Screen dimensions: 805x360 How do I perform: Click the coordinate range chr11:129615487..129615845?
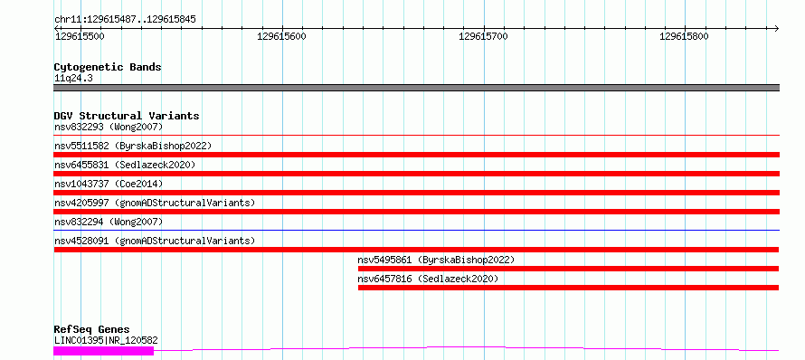[125, 20]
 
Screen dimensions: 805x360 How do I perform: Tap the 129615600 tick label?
[281, 36]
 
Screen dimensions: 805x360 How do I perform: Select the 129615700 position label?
[483, 36]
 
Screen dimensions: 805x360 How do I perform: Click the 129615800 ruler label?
[685, 36]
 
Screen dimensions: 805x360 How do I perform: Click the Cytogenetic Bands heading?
[108, 67]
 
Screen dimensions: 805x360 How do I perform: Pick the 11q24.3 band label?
[73, 79]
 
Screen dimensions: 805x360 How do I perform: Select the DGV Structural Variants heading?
[127, 116]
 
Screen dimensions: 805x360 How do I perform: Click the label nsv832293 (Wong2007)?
[109, 127]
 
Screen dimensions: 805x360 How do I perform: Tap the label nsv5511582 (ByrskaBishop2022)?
[133, 146]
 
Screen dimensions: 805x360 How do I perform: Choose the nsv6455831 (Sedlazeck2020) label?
[125, 165]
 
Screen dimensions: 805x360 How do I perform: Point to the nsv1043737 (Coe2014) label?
[109, 184]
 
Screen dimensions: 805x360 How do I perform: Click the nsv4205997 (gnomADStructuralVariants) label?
[155, 203]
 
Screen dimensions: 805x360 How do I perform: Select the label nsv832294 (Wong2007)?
[109, 222]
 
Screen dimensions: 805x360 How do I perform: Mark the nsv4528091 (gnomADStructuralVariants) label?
[155, 241]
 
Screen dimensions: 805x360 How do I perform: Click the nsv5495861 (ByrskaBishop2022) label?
[436, 260]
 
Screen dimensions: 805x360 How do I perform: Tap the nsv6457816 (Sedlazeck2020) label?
[428, 279]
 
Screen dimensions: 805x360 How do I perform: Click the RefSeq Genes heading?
[91, 329]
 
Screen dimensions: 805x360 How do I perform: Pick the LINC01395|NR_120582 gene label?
[106, 340]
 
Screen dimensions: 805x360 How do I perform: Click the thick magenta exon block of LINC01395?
[104, 350]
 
